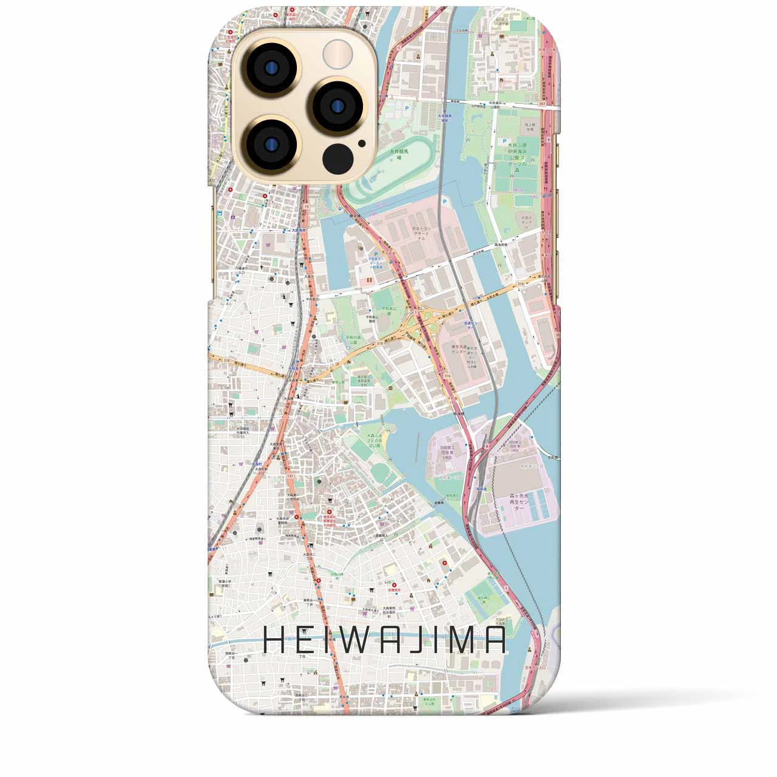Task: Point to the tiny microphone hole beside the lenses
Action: pyautogui.click(x=362, y=144)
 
